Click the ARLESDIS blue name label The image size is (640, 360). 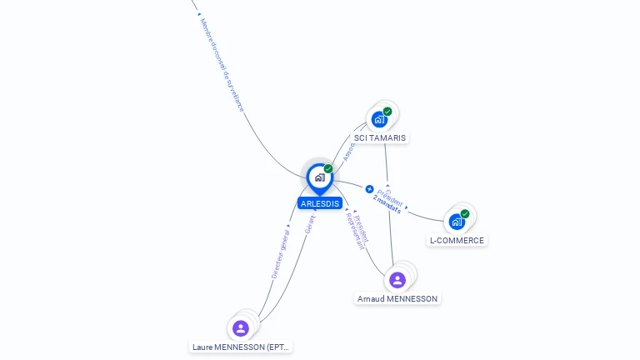(x=320, y=203)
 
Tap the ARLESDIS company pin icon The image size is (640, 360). (x=319, y=177)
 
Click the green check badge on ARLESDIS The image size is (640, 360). (x=328, y=169)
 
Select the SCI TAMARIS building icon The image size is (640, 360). (x=379, y=119)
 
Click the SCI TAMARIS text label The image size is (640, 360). (x=381, y=137)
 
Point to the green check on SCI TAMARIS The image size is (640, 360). (x=387, y=112)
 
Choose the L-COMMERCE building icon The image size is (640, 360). (x=457, y=222)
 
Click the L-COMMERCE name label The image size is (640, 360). (x=457, y=241)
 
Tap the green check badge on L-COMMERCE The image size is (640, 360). (x=465, y=214)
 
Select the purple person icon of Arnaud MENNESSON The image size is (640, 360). (x=397, y=280)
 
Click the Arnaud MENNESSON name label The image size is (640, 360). (x=397, y=298)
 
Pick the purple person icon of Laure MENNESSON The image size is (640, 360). (x=241, y=328)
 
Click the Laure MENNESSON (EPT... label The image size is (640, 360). (x=241, y=347)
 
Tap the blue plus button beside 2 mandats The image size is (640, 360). (x=370, y=189)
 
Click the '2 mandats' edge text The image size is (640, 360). (x=387, y=205)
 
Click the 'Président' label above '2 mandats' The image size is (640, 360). (x=390, y=197)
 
